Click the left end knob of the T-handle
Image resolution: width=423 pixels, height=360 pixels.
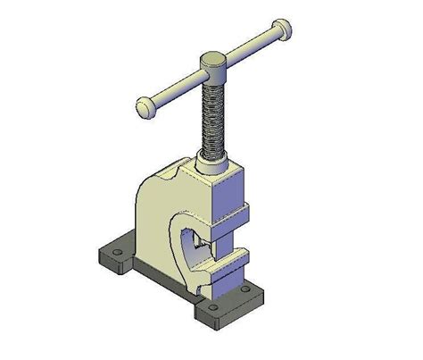145,108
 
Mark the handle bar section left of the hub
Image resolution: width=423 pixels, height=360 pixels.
175,88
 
